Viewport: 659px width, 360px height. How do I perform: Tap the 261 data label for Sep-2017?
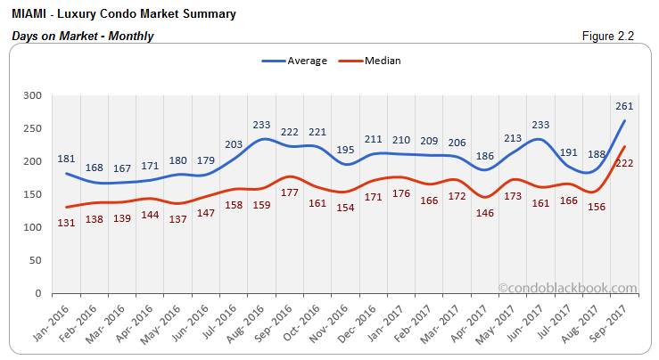624,106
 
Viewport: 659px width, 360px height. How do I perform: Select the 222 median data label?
624,163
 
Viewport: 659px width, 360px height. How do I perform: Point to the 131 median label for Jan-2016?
65,224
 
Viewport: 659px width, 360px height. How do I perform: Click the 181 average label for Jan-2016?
65,160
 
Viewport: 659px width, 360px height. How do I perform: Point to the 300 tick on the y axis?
32,95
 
